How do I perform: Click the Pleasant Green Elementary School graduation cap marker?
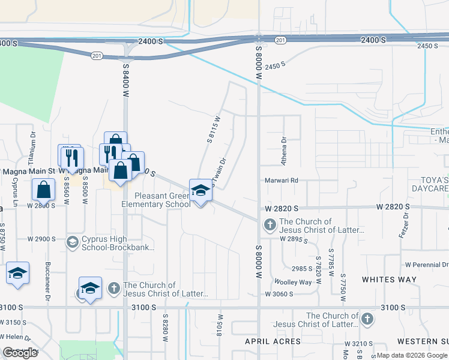click(200, 191)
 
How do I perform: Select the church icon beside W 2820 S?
click(270, 225)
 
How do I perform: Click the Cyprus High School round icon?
click(73, 242)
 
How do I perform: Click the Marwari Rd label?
click(282, 180)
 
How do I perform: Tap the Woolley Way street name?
click(293, 282)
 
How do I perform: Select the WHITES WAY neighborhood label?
click(389, 280)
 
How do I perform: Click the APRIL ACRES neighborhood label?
click(273, 341)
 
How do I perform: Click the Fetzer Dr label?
click(405, 226)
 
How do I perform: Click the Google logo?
click(20, 353)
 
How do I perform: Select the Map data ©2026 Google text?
click(412, 355)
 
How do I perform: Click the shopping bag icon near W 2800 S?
click(44, 190)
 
